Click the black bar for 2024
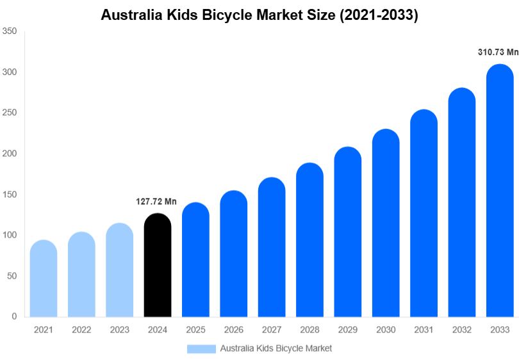pos(158,265)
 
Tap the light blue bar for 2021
pos(44,279)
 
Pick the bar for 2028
pos(309,240)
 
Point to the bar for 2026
pos(234,254)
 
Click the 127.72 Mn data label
pos(156,202)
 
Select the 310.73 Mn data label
pos(498,53)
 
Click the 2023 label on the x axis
pos(119,330)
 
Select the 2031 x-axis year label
pos(424,330)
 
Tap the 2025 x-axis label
pos(195,330)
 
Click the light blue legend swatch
pos(201,348)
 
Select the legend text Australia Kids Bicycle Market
pos(276,348)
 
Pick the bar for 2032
pos(461,202)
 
